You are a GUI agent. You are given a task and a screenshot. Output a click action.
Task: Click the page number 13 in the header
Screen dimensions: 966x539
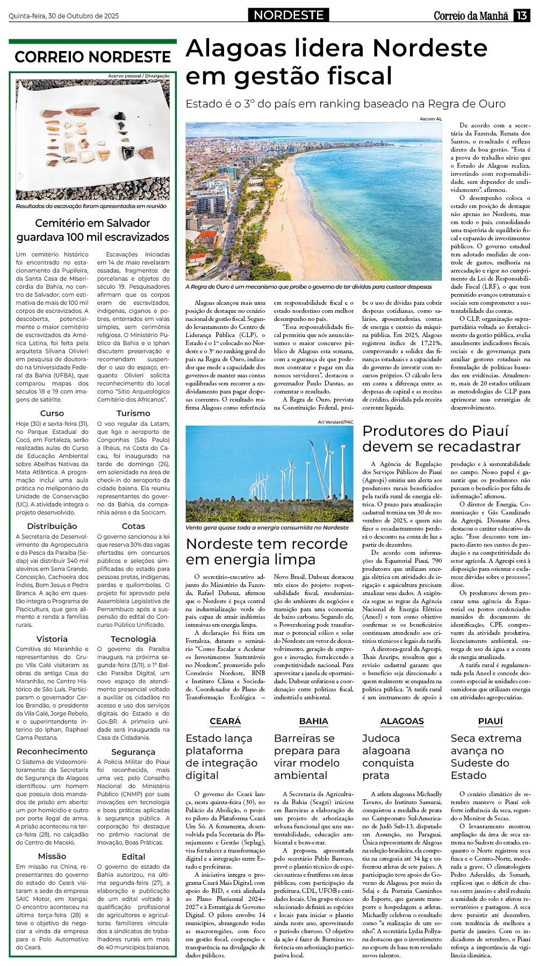(x=521, y=16)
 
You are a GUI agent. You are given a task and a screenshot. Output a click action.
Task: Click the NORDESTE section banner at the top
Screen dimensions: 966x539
(x=289, y=15)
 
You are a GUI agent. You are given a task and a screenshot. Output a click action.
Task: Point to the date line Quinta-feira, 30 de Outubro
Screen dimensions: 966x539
(x=63, y=16)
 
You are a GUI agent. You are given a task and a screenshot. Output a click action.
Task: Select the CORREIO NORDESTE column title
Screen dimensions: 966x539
(x=92, y=57)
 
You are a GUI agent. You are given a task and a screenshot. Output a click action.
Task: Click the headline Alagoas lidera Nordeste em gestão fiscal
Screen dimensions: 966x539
(x=336, y=62)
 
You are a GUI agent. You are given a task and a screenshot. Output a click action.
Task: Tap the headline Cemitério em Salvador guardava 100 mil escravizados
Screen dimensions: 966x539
(x=92, y=230)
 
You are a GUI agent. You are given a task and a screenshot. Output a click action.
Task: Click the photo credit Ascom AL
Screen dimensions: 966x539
(x=430, y=119)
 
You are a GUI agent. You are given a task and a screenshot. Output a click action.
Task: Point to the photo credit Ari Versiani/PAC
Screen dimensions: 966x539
(x=335, y=422)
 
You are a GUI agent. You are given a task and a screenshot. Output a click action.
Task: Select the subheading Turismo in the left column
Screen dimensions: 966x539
(x=133, y=413)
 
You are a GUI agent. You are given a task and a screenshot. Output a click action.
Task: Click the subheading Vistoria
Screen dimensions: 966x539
(x=52, y=639)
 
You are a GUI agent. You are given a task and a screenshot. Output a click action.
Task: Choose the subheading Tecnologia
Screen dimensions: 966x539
(x=133, y=639)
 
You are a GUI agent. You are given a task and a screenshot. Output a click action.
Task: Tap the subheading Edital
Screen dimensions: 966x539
(x=133, y=856)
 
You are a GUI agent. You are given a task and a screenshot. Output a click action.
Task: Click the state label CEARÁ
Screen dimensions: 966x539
(x=225, y=721)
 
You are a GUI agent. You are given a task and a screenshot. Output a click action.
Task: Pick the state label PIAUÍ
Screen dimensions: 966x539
(x=490, y=721)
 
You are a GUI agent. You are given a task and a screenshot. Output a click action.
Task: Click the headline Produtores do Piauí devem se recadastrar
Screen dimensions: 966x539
(x=441, y=439)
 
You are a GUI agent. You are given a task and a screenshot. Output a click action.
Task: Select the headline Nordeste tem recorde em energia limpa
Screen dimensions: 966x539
(x=267, y=552)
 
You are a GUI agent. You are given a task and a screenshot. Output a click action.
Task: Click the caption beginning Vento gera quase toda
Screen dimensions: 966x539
(x=267, y=527)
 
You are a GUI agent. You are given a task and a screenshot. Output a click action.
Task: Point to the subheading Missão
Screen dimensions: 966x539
(x=52, y=856)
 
